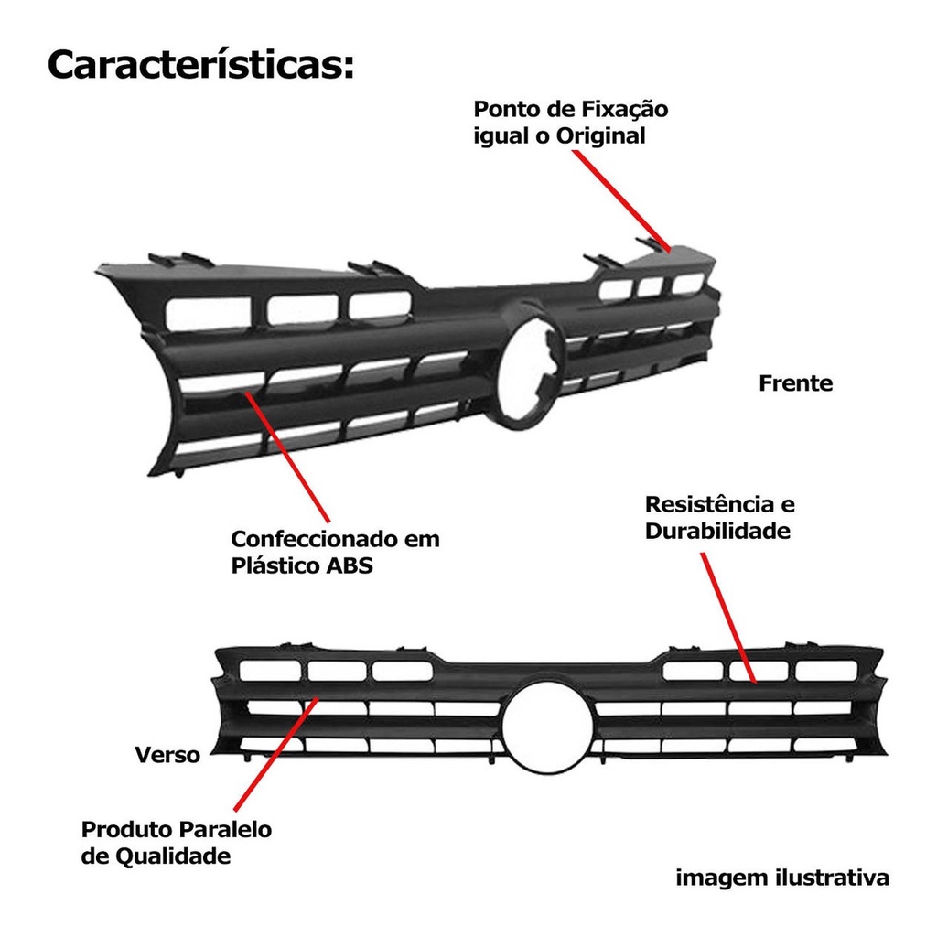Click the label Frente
pyautogui.click(x=795, y=383)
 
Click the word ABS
pyautogui.click(x=349, y=565)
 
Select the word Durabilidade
pyautogui.click(x=717, y=531)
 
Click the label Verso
pyautogui.click(x=167, y=756)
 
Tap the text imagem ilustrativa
pyautogui.click(x=782, y=878)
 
